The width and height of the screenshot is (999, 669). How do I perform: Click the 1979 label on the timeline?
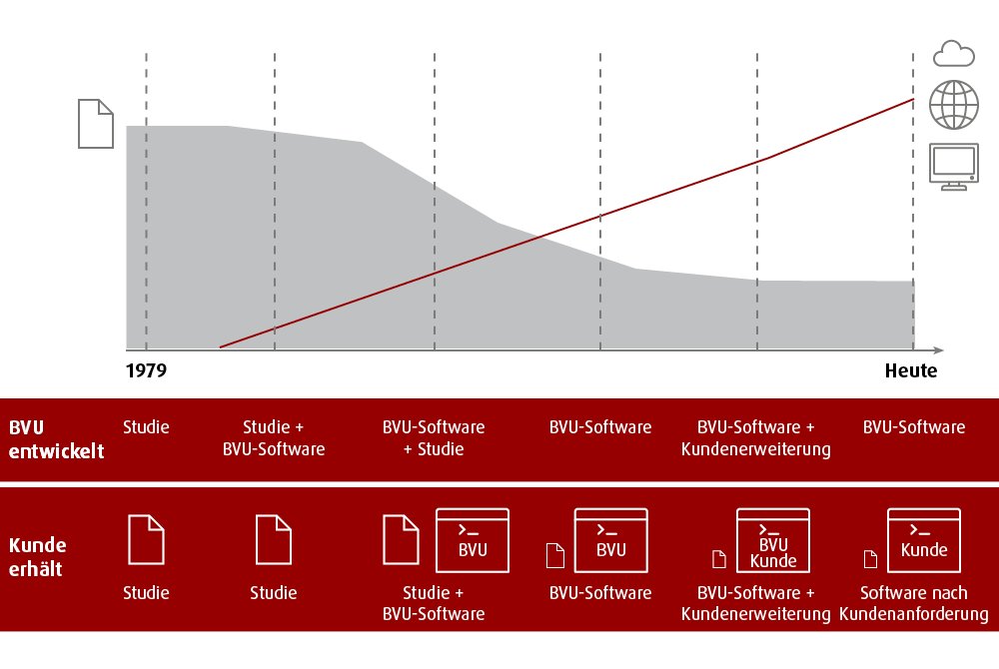click(146, 370)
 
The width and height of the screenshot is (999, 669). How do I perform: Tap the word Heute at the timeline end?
click(910, 370)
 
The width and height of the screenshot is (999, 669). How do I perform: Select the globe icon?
click(953, 104)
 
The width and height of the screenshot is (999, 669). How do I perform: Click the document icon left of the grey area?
click(96, 124)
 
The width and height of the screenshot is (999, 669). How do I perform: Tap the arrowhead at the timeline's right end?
click(938, 349)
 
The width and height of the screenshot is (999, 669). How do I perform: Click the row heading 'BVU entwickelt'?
click(56, 438)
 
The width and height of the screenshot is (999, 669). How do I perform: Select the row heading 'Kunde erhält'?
click(38, 556)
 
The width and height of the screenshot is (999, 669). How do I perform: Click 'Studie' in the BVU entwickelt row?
click(146, 427)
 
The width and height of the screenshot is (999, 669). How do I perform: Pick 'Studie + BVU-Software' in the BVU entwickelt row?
click(274, 438)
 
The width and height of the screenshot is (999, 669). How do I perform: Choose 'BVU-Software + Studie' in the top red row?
click(434, 438)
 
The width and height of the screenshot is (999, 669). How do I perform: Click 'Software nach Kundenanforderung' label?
click(913, 603)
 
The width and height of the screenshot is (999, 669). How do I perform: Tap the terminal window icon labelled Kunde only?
click(923, 540)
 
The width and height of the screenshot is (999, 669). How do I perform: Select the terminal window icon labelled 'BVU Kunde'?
click(773, 540)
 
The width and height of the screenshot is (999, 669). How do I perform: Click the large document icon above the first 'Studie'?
click(146, 539)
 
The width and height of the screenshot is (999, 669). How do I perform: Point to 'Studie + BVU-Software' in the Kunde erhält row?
click(434, 603)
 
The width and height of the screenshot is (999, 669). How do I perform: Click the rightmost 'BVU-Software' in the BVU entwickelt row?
click(913, 427)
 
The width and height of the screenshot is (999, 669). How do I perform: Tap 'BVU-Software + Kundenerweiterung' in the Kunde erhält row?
click(755, 603)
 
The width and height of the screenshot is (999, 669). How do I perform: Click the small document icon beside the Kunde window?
click(870, 558)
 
